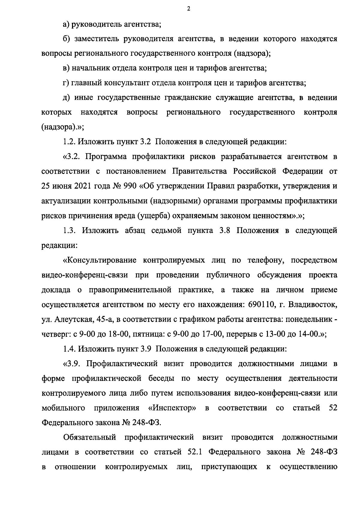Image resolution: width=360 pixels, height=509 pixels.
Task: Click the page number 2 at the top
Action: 188,9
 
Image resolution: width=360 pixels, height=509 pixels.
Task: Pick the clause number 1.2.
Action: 69,142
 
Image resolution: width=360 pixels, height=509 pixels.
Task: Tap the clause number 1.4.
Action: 69,349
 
